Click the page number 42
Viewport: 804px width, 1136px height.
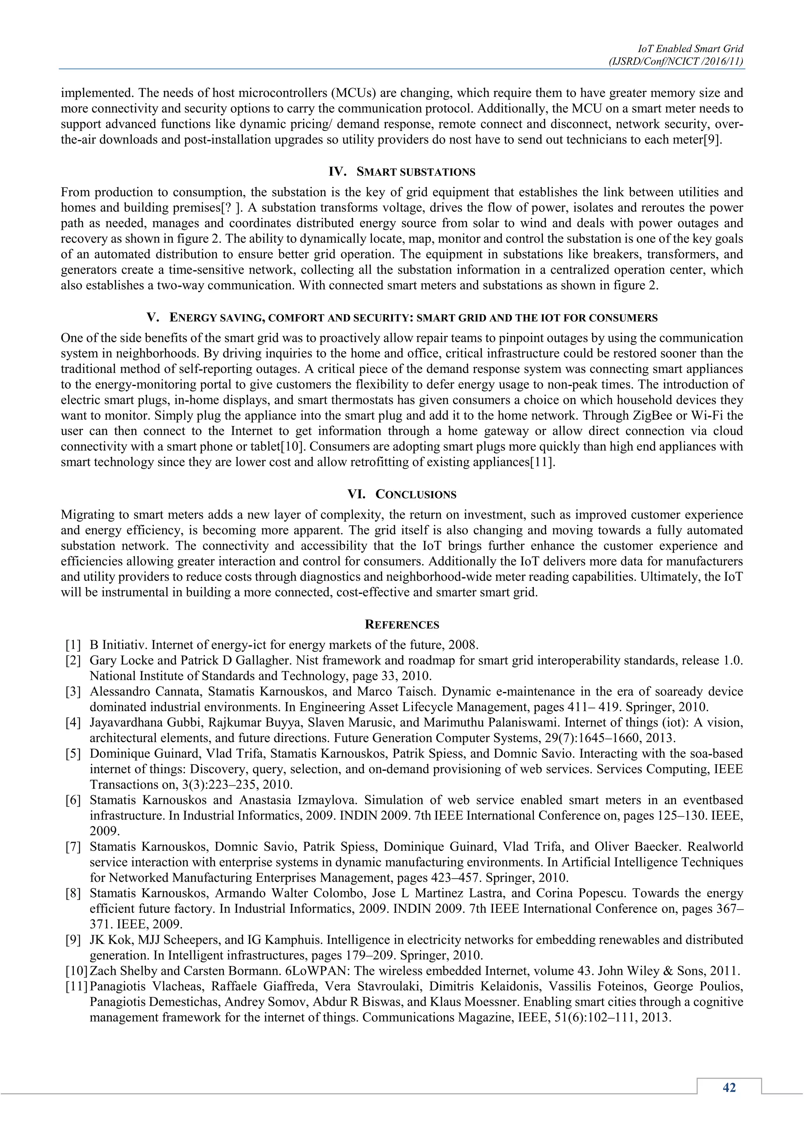[729, 1087]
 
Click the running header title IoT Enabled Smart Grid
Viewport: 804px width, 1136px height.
[690, 49]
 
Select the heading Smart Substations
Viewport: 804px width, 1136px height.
[416, 172]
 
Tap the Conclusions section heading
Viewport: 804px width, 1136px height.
[416, 494]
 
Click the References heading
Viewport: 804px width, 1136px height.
[402, 624]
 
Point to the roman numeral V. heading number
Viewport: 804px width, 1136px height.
[153, 318]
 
